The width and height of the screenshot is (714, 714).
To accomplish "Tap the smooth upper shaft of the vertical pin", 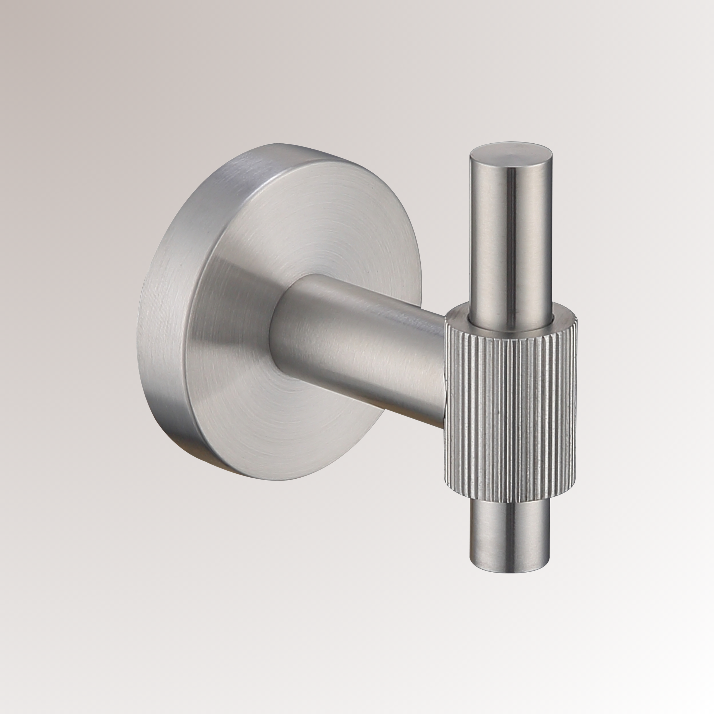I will coord(512,236).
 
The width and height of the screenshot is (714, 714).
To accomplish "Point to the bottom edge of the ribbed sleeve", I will coord(510,501).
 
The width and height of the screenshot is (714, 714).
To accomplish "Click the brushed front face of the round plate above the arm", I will coord(314,222).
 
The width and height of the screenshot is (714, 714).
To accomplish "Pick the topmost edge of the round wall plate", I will coord(281,144).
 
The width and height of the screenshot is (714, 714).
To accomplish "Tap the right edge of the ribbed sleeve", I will coord(575,406).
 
